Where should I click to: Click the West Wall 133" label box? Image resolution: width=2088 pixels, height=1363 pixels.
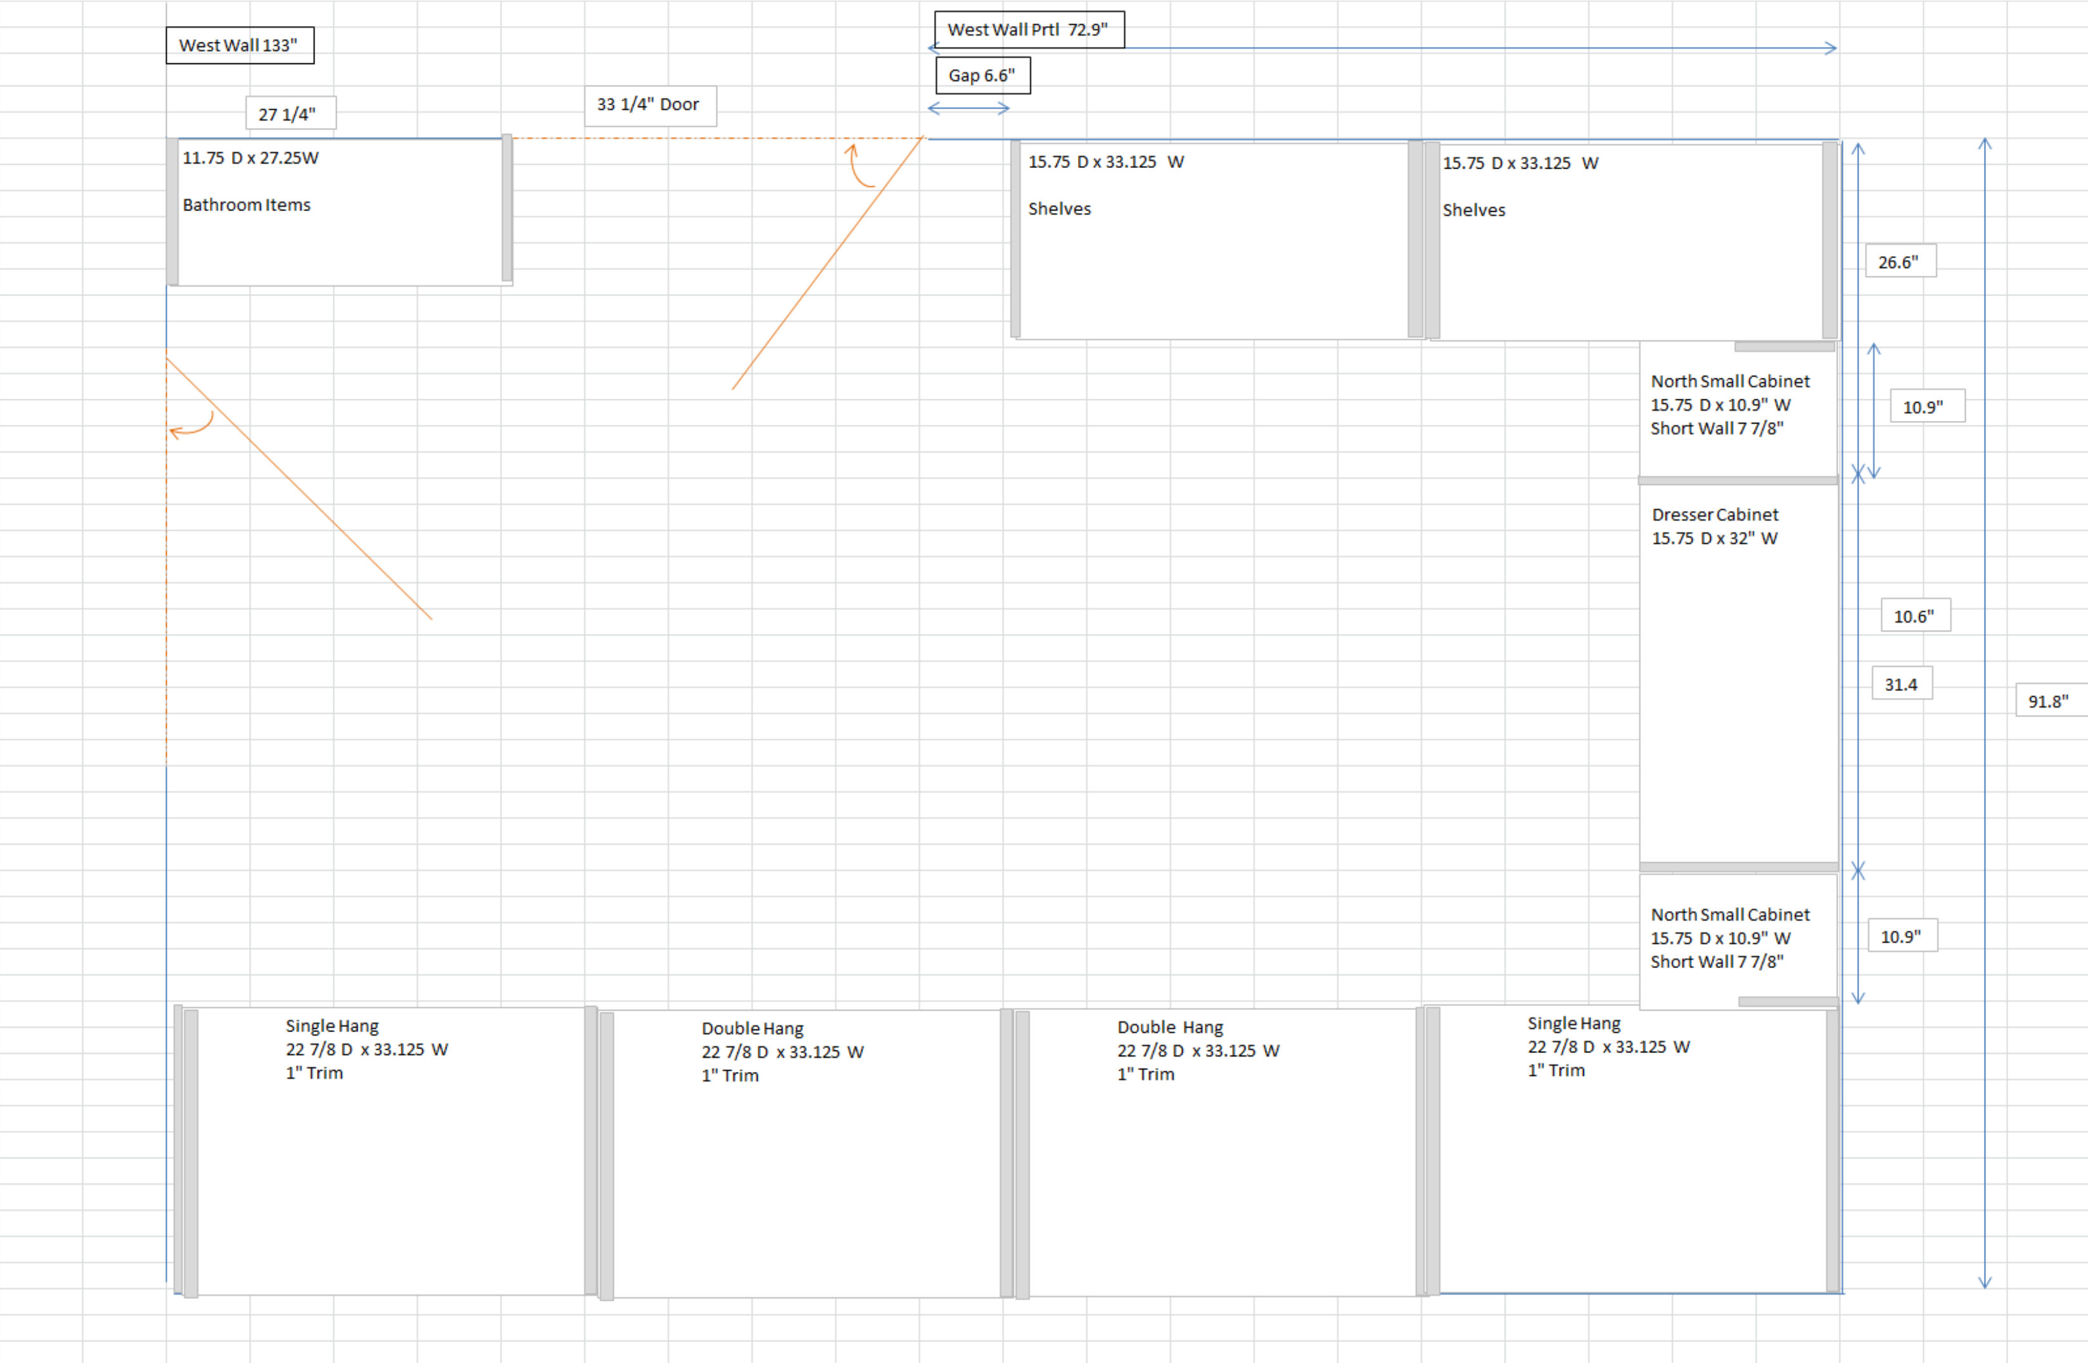coord(240,45)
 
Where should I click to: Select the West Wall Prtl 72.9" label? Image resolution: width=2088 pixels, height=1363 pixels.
coord(1029,29)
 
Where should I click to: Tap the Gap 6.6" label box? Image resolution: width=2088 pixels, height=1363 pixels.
coord(983,75)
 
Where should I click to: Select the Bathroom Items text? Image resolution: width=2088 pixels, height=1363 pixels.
coord(247,204)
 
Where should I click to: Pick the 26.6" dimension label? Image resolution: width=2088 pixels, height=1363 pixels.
coord(1900,261)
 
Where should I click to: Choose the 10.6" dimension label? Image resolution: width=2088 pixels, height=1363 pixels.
coord(1915,616)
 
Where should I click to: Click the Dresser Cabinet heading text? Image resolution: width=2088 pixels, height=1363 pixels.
coord(1715,515)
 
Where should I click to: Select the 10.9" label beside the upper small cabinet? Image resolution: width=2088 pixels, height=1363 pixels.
coord(1926,406)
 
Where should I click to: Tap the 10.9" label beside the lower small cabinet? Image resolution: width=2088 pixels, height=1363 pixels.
coord(1902,936)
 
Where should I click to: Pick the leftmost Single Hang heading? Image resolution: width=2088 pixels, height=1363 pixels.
coord(332,1026)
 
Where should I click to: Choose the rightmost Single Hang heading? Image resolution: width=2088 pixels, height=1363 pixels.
coord(1574,1024)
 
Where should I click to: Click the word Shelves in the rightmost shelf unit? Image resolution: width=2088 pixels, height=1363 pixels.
coord(1474,210)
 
